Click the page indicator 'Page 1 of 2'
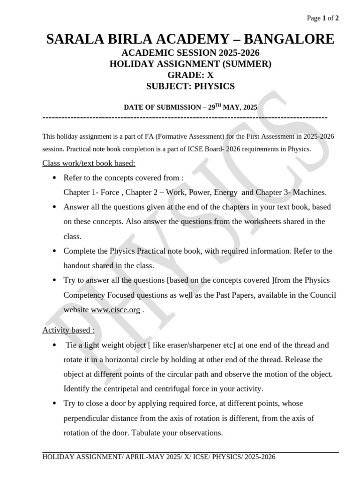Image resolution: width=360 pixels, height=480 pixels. [322, 18]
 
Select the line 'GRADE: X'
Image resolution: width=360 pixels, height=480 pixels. [190, 75]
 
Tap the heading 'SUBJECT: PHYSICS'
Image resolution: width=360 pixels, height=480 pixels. [190, 87]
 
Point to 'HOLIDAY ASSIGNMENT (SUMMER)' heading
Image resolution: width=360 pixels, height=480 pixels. [190, 64]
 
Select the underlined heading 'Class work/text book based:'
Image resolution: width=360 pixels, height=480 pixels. [89, 163]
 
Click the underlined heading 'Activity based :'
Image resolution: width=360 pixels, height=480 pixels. [68, 330]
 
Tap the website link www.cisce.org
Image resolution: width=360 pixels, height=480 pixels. [115, 310]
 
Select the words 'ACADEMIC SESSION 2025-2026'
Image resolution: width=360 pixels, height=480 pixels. [190, 53]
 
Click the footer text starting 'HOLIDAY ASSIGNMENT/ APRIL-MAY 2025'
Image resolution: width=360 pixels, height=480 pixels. [159, 457]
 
